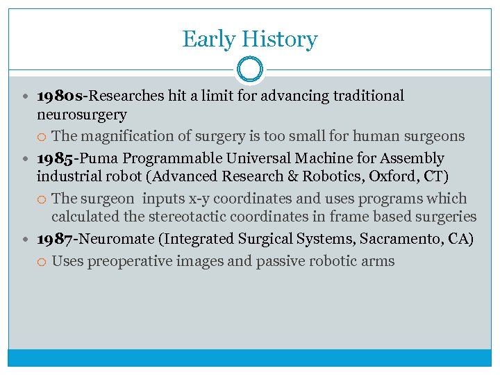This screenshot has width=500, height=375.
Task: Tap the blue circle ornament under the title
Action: [250, 69]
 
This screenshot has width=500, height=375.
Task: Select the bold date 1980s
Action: [62, 96]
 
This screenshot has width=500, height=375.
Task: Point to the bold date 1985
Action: [57, 158]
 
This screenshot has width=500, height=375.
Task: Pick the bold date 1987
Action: [56, 240]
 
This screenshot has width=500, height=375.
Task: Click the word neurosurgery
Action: [82, 114]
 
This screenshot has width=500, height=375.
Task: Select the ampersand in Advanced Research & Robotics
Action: [290, 176]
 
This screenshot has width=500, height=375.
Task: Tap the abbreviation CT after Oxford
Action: [421, 176]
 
